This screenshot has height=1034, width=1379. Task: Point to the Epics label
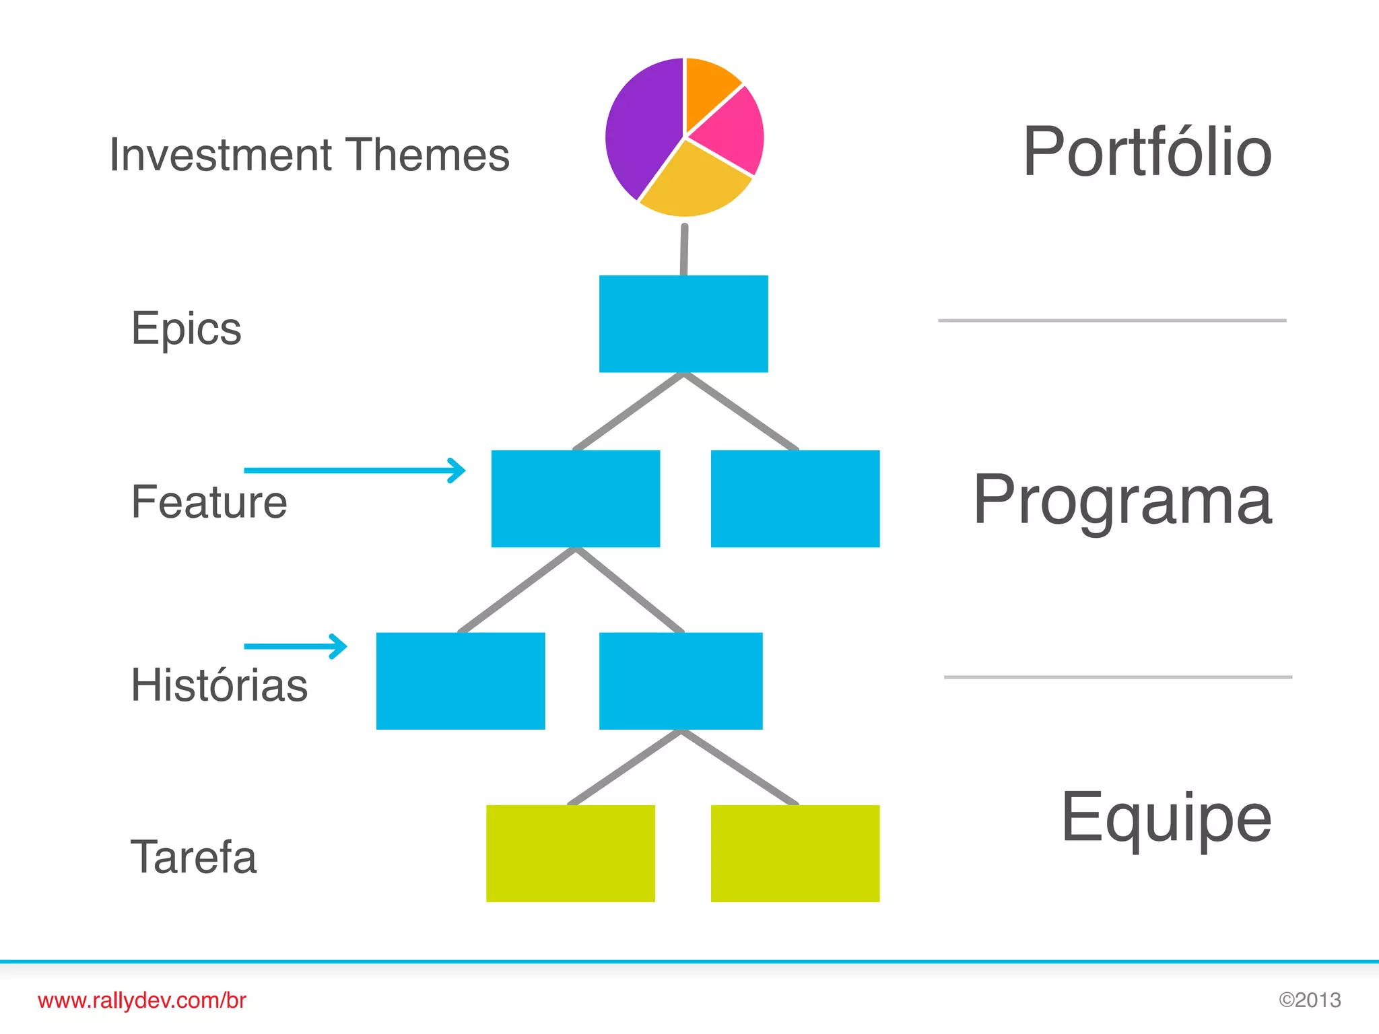click(187, 329)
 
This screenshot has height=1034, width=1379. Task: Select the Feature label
click(209, 502)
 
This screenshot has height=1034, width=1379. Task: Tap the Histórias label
click(219, 685)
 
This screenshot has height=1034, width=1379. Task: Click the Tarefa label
click(194, 858)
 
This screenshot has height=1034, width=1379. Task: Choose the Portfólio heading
click(1147, 153)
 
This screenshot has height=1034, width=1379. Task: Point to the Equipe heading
click(1166, 819)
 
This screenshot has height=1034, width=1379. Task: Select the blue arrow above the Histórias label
click(296, 646)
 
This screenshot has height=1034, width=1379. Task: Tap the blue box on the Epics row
click(683, 324)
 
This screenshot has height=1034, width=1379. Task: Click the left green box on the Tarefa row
click(570, 854)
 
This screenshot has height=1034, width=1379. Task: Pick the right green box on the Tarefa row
click(795, 854)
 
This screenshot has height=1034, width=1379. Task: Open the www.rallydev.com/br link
click(142, 1001)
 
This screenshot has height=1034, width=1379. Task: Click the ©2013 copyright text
click(1310, 1000)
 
